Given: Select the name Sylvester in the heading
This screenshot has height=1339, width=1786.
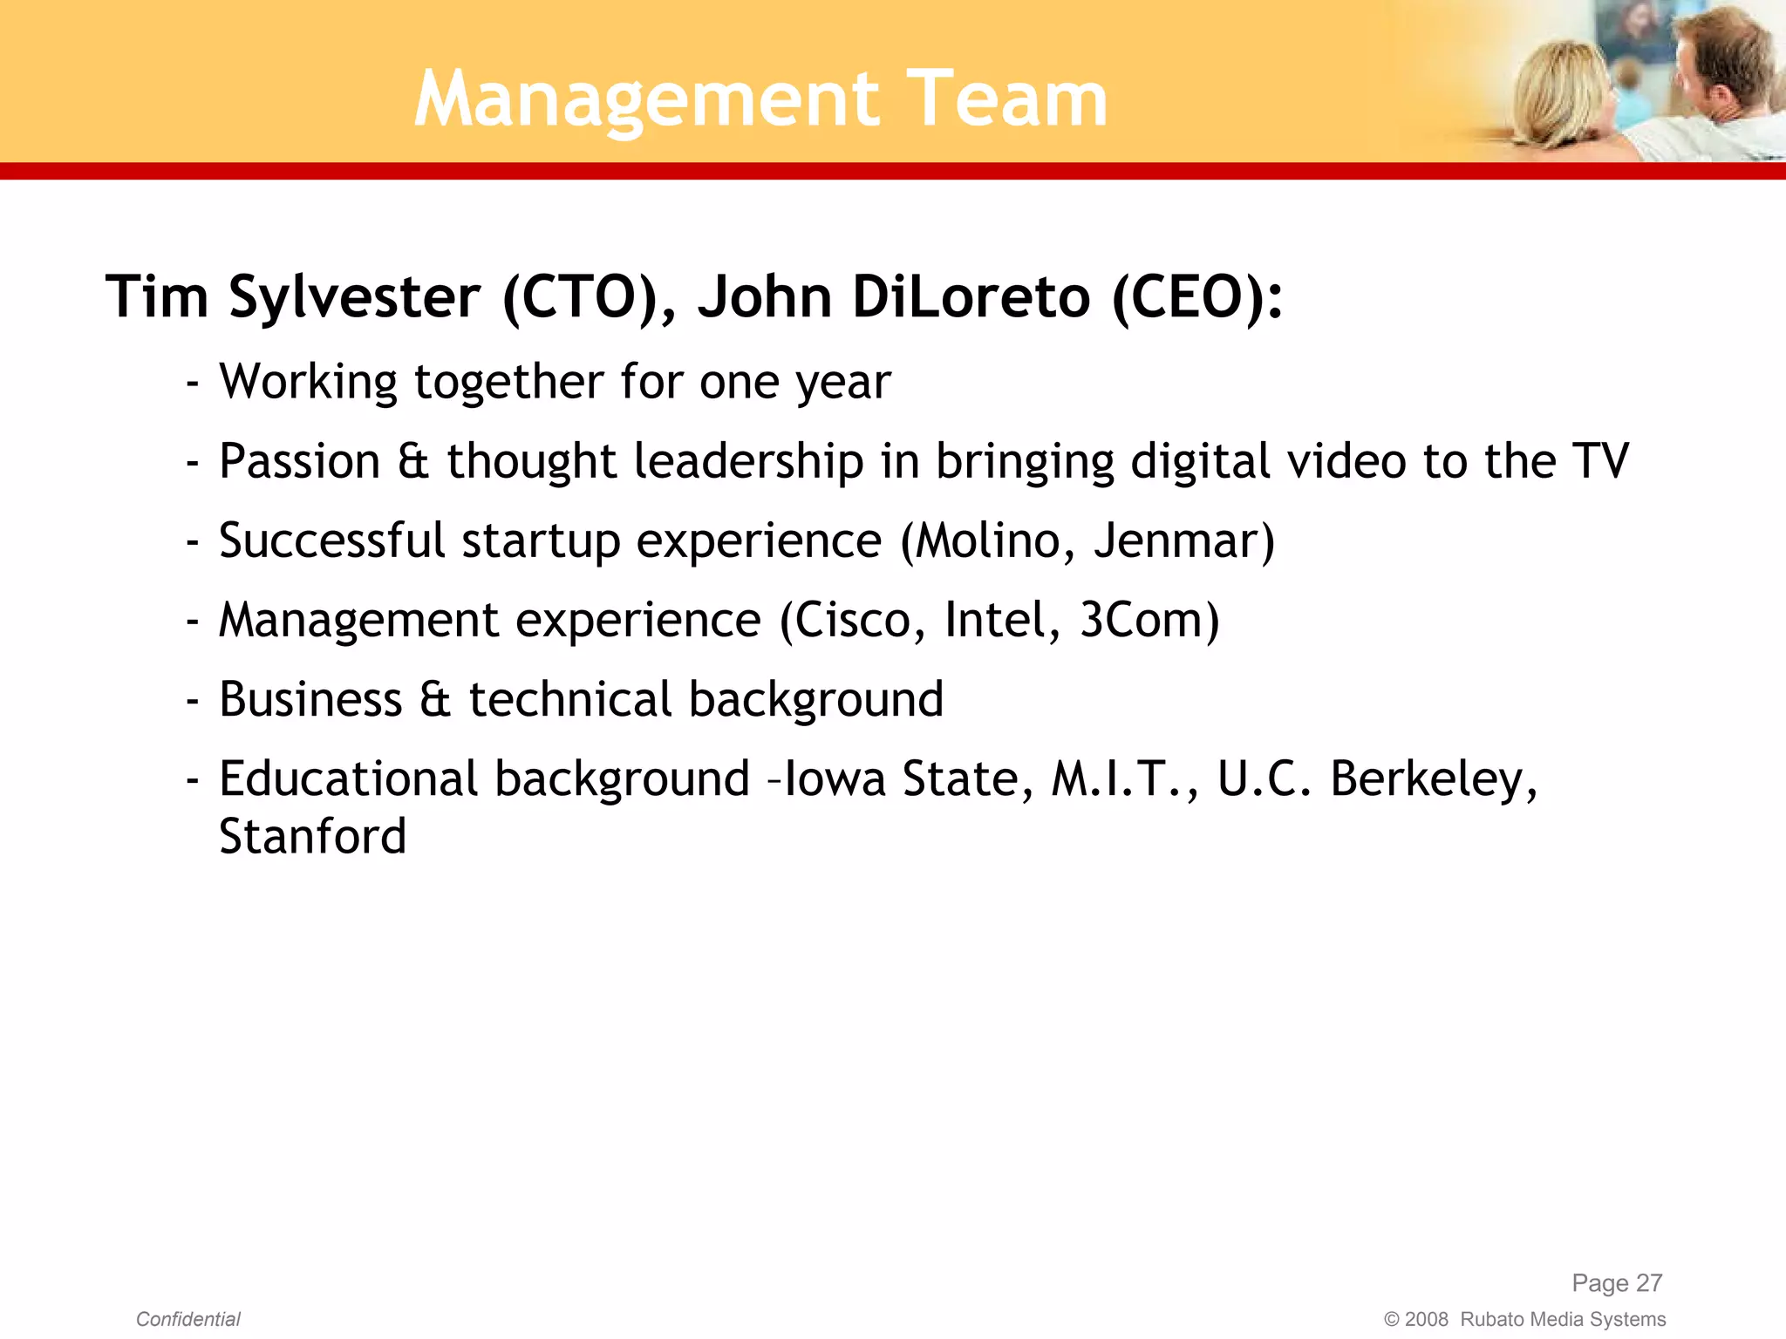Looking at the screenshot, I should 354,298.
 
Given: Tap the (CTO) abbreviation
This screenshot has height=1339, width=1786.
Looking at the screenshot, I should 581,298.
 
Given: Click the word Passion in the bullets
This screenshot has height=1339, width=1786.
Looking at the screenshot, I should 299,461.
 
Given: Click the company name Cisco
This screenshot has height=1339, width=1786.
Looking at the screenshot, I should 854,620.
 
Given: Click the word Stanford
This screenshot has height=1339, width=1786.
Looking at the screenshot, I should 312,837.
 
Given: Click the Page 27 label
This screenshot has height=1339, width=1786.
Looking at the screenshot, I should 1617,1282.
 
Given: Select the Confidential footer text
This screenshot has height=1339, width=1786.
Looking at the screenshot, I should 188,1319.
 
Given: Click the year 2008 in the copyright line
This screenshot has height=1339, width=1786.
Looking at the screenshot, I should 1426,1319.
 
